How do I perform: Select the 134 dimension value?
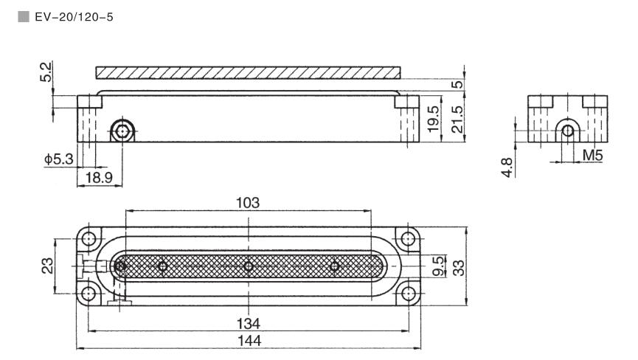248,323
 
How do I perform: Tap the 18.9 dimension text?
97,178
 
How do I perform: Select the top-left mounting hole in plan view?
89,240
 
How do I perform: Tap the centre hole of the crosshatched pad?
249,266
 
